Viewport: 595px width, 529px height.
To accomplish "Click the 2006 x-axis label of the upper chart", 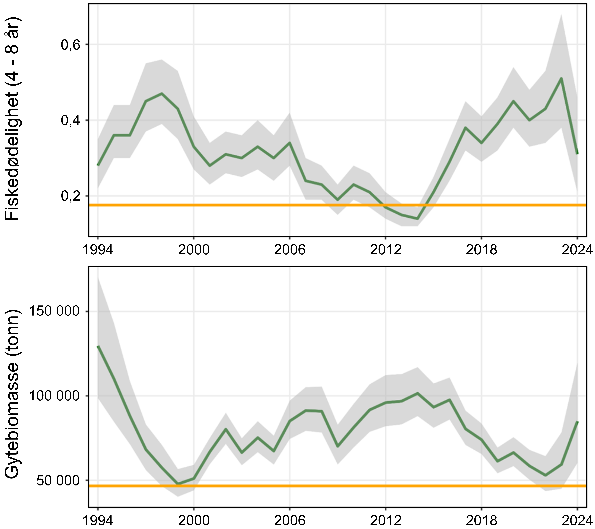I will pos(290,250).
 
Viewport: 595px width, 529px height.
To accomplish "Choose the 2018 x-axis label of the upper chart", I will pos(482,250).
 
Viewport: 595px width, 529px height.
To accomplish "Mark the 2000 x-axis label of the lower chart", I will pos(194,520).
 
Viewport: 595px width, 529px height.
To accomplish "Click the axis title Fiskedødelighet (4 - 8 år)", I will pos(12,119).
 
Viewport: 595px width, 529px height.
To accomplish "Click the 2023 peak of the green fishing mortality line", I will pos(561,78).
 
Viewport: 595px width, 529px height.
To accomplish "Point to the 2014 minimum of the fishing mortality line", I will pos(417,219).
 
